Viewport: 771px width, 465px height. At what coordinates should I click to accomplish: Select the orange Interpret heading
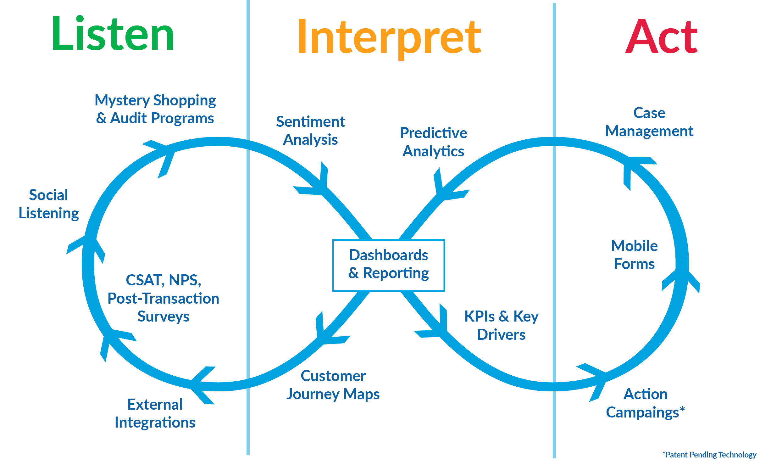tap(389, 37)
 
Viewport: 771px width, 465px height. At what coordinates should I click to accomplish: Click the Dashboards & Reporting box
tap(389, 265)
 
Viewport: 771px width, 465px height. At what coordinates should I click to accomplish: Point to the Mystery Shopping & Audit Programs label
tap(155, 109)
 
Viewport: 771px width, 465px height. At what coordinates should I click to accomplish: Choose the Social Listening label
tap(49, 204)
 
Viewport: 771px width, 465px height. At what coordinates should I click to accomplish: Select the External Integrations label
tap(155, 413)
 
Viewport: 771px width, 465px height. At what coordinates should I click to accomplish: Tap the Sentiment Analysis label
tap(310, 130)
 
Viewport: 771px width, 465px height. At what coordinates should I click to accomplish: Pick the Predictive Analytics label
tap(433, 142)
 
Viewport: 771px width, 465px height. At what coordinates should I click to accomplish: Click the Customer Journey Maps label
tap(333, 384)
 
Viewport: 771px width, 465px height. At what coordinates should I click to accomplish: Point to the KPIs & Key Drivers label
tap(501, 325)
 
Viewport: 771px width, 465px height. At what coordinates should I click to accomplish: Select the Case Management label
tap(649, 122)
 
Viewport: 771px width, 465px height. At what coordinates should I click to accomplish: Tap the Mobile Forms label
tap(634, 255)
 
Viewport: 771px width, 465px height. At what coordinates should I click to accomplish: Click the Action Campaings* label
tap(645, 403)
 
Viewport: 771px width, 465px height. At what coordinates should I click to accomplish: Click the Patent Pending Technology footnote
tap(709, 455)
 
